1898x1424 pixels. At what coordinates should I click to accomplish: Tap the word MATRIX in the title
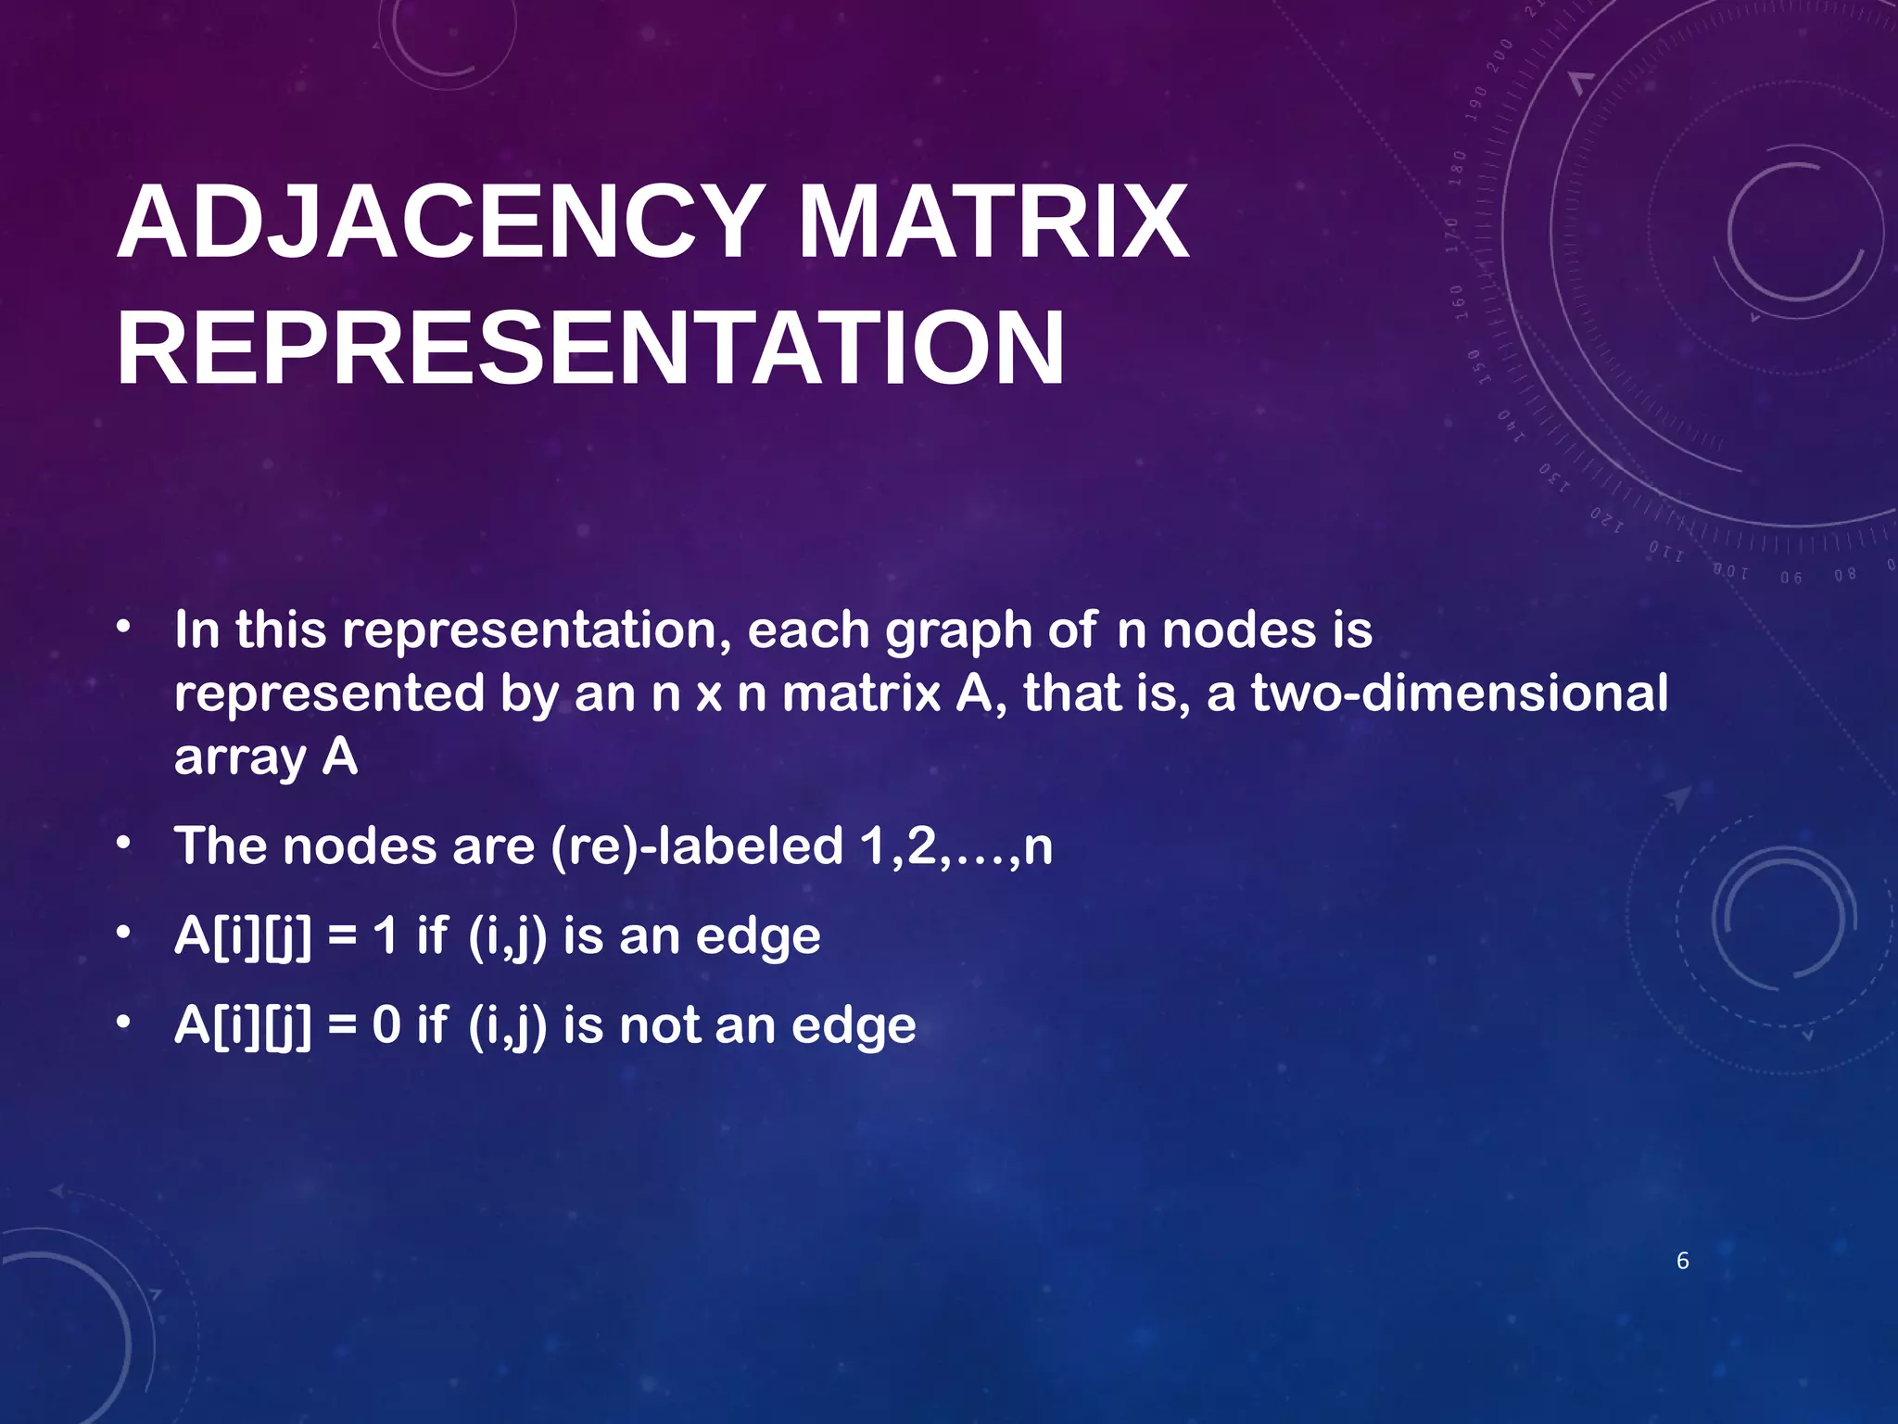[x=992, y=223]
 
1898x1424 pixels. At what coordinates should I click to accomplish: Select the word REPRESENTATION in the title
[x=590, y=350]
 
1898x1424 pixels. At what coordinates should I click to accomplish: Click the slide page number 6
[x=1683, y=1261]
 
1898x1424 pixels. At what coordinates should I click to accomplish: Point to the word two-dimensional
[x=1460, y=693]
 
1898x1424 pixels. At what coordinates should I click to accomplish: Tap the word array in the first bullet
[x=239, y=758]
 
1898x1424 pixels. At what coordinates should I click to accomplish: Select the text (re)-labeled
[x=696, y=845]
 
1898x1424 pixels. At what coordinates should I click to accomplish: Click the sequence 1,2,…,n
[x=955, y=845]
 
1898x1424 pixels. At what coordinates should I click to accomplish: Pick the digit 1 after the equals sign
[x=386, y=935]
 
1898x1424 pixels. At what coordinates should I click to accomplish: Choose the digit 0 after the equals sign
[x=386, y=1025]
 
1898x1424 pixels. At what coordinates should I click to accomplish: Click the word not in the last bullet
[x=659, y=1025]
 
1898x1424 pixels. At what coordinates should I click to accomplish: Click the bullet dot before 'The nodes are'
[x=123, y=844]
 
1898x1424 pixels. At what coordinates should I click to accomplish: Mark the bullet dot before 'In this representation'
[x=123, y=628]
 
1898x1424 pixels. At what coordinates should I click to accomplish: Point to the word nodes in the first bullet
[x=1239, y=630]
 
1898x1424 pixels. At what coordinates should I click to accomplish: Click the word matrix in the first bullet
[x=862, y=693]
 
